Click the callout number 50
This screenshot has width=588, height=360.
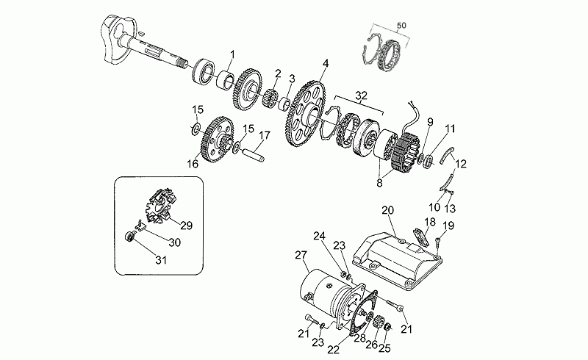click(x=401, y=26)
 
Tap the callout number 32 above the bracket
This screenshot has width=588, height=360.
click(x=361, y=96)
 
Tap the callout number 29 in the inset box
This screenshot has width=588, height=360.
click(x=187, y=226)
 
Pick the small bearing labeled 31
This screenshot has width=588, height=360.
click(x=130, y=237)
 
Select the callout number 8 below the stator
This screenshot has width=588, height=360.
click(x=379, y=184)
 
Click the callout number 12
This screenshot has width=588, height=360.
click(x=461, y=164)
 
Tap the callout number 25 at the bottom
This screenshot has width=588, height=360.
click(x=384, y=348)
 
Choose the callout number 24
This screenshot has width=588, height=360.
click(x=320, y=237)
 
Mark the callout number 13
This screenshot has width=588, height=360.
click(x=450, y=207)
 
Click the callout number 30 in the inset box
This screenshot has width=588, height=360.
click(x=174, y=242)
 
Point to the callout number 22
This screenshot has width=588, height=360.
click(x=334, y=350)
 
